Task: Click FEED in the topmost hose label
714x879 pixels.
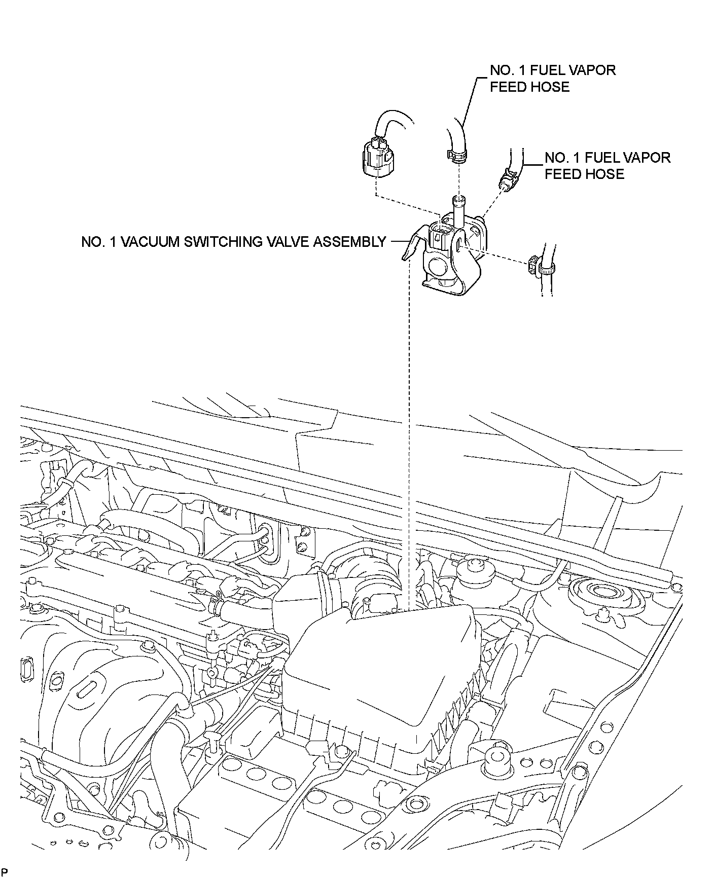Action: click(509, 87)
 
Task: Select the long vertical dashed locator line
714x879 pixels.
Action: click(408, 431)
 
